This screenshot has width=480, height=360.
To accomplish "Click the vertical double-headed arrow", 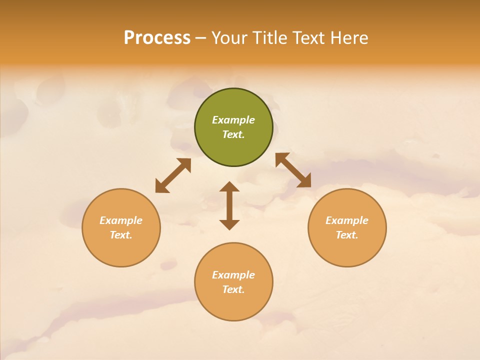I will coord(229,205).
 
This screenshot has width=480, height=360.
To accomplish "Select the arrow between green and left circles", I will coord(173,175).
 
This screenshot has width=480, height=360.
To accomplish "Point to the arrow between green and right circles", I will coord(293,170).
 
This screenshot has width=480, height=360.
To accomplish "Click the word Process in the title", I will coord(157,37).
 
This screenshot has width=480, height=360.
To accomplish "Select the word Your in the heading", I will coord(229,37).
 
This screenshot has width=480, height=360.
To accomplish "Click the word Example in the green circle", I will coord(233,120).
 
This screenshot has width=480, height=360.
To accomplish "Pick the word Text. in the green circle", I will coord(233,134).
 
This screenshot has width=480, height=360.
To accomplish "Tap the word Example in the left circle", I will coord(121,220).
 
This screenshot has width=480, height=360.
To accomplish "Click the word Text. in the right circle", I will coord(347,235).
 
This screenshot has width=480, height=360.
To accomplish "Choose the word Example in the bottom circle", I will coord(233,275).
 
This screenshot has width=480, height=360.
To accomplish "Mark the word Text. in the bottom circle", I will coord(233,289).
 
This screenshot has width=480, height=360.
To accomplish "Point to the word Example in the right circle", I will coord(347,220).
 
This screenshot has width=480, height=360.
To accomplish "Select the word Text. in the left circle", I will coord(121,235).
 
